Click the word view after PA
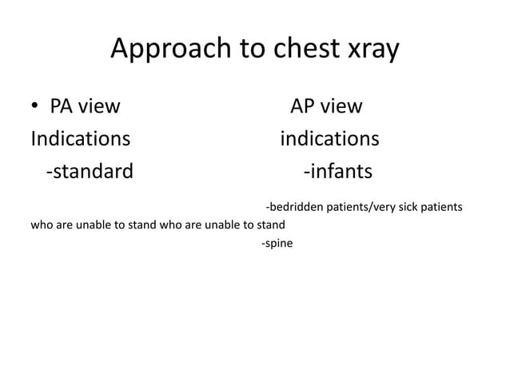[x=100, y=106]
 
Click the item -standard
[x=90, y=172]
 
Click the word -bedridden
[x=293, y=207]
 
